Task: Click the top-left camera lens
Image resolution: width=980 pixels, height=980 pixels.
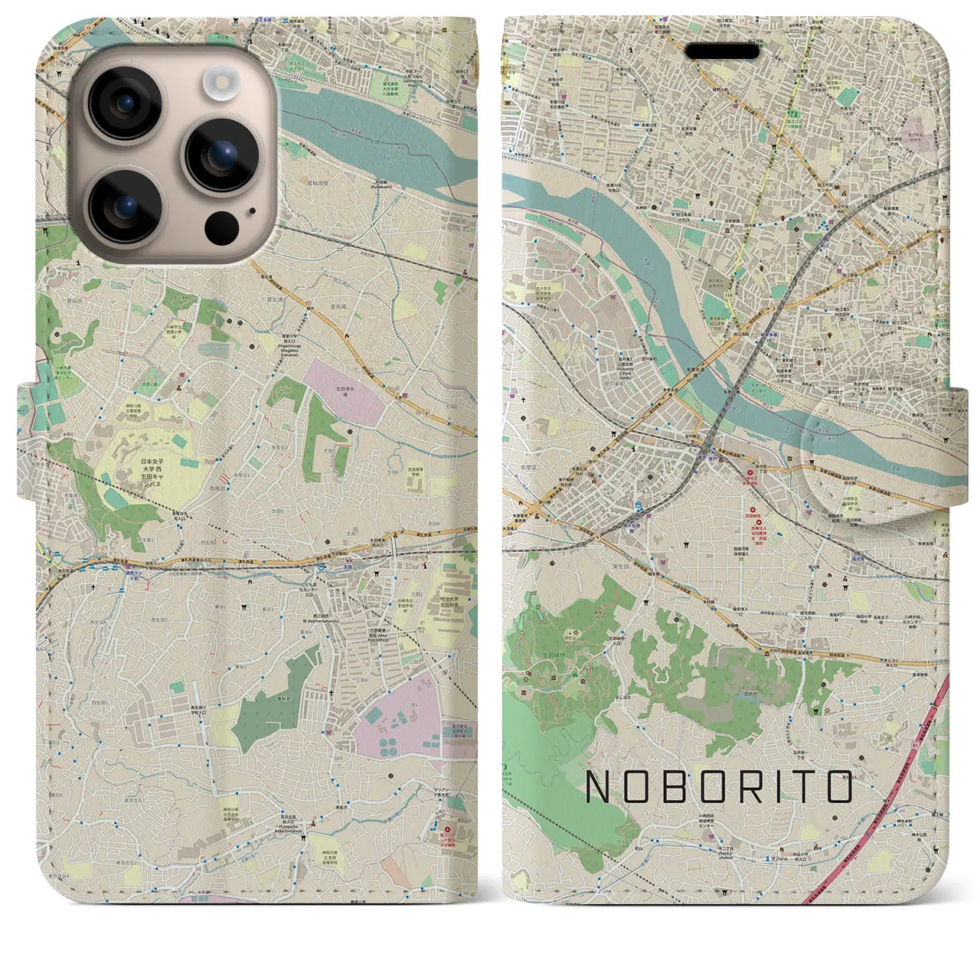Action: coord(126,103)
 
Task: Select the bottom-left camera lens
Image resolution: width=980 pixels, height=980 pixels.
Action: coord(126,204)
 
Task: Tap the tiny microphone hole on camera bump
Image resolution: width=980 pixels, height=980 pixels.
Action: coord(250,211)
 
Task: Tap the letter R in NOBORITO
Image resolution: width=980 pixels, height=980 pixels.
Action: coord(754,786)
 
